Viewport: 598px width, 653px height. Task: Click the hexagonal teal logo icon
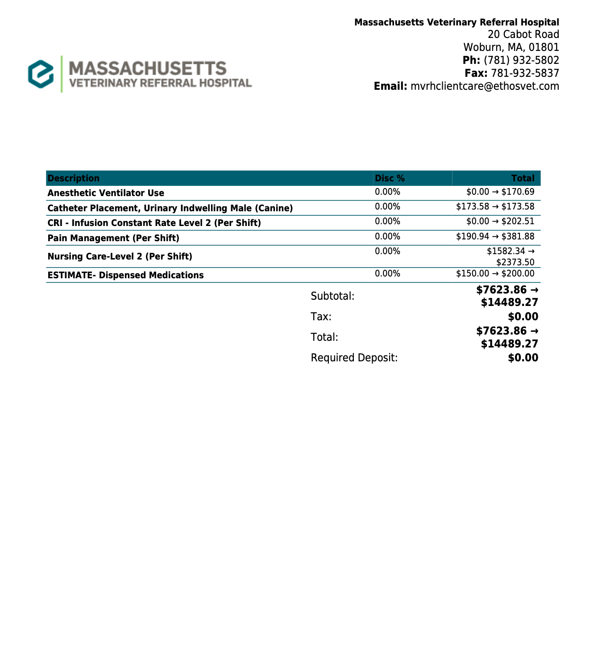pos(41,74)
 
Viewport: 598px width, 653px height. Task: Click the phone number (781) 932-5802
pos(521,60)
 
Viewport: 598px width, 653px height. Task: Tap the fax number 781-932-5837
pos(525,73)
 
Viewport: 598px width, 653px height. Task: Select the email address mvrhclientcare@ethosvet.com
pos(485,86)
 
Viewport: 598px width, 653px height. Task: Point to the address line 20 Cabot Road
pos(523,34)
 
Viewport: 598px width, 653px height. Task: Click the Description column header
pos(74,178)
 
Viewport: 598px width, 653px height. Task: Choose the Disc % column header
pos(390,178)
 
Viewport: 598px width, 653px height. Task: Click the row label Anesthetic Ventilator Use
pos(106,193)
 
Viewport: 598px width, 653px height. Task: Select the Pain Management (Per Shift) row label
pos(113,238)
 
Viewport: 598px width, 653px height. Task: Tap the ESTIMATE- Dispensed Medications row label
pos(125,275)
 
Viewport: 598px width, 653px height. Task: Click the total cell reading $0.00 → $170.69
pos(500,192)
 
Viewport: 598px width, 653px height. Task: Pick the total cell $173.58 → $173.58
pos(495,207)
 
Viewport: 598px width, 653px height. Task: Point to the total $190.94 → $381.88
pos(495,236)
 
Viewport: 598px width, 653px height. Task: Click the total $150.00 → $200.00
pos(495,273)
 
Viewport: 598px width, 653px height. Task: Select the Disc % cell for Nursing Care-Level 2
pos(387,251)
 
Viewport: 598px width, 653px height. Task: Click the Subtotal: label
pos(332,296)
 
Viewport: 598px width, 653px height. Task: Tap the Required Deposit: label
pos(354,358)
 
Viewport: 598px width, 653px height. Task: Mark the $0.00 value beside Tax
pos(523,317)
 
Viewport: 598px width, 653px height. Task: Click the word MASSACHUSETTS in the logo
pos(148,68)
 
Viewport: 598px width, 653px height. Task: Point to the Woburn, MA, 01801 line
pos(511,47)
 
